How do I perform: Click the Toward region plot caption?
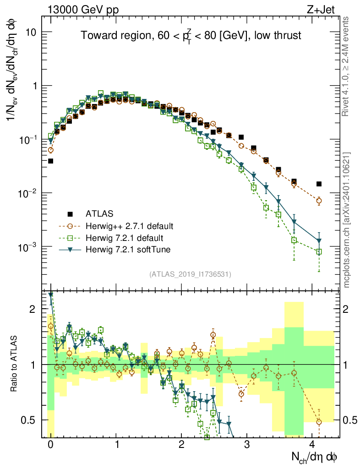pyautogui.click(x=191, y=36)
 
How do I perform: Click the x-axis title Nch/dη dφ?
pyautogui.click(x=315, y=457)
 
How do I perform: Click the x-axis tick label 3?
pyautogui.click(x=247, y=444)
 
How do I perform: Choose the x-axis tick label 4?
pyautogui.click(x=312, y=444)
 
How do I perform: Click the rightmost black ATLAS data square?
pyautogui.click(x=319, y=184)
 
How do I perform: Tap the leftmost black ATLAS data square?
pyautogui.click(x=51, y=161)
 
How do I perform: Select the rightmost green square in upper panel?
pyautogui.click(x=319, y=251)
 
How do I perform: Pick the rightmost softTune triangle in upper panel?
pyautogui.click(x=319, y=241)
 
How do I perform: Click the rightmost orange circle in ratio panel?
pyautogui.click(x=319, y=422)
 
